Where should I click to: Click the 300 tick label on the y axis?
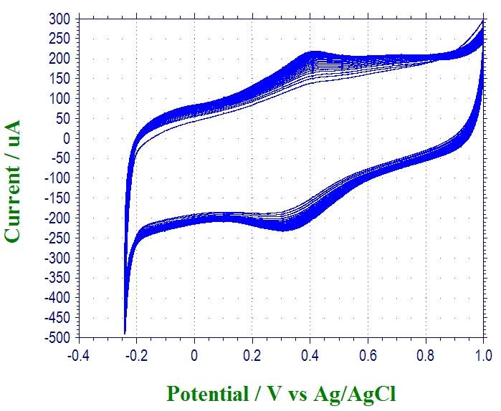pyautogui.click(x=59, y=19)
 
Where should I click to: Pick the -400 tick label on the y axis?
pyautogui.click(x=57, y=297)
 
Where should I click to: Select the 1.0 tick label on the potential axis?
pyautogui.click(x=483, y=354)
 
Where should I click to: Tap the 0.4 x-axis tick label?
pyautogui.click(x=310, y=354)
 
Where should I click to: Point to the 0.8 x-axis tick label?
pyautogui.click(x=425, y=354)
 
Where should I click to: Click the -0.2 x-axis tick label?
pyautogui.click(x=136, y=354)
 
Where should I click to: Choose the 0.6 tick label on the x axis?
pyautogui.click(x=368, y=354)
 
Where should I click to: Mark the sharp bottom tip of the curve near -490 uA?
pyautogui.click(x=125, y=333)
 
